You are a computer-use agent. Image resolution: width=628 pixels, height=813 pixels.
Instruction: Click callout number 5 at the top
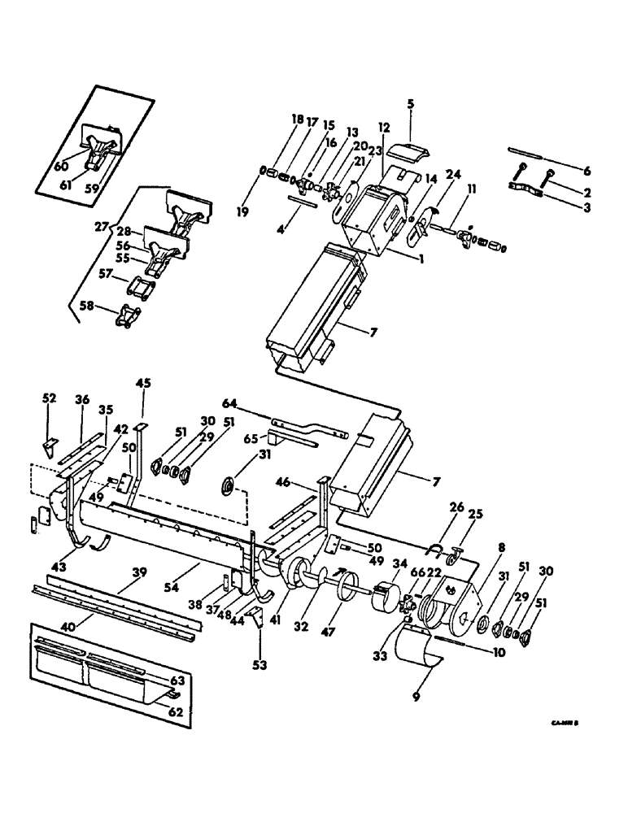pyautogui.click(x=411, y=103)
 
